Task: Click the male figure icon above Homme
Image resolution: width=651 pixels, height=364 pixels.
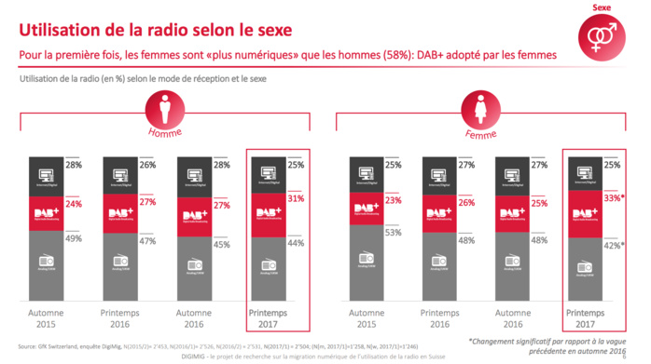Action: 163,114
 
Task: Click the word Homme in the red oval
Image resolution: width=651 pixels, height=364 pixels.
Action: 163,133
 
